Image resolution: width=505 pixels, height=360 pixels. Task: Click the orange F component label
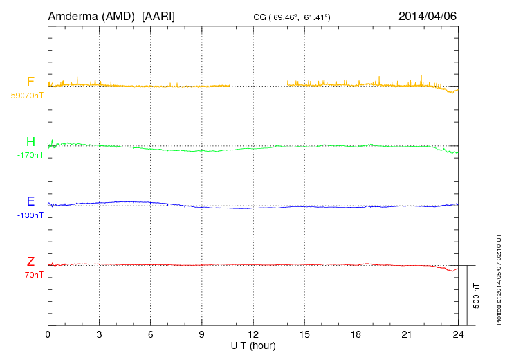(x=30, y=82)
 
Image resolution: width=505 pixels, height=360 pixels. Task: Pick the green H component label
(x=30, y=142)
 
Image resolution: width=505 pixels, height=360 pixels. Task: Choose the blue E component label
(x=30, y=201)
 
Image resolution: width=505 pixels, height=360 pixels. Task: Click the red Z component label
(x=30, y=261)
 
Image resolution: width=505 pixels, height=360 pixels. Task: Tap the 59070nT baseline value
(x=27, y=96)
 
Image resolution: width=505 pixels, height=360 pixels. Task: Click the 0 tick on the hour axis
(x=48, y=334)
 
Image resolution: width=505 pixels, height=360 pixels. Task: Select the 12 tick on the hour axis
(x=253, y=334)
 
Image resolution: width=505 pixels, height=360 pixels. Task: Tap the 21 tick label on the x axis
(x=407, y=334)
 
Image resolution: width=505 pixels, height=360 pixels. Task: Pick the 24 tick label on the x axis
(x=458, y=334)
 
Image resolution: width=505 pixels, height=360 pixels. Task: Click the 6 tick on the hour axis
(x=150, y=334)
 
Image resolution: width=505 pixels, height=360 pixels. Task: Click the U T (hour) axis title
(x=253, y=345)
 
